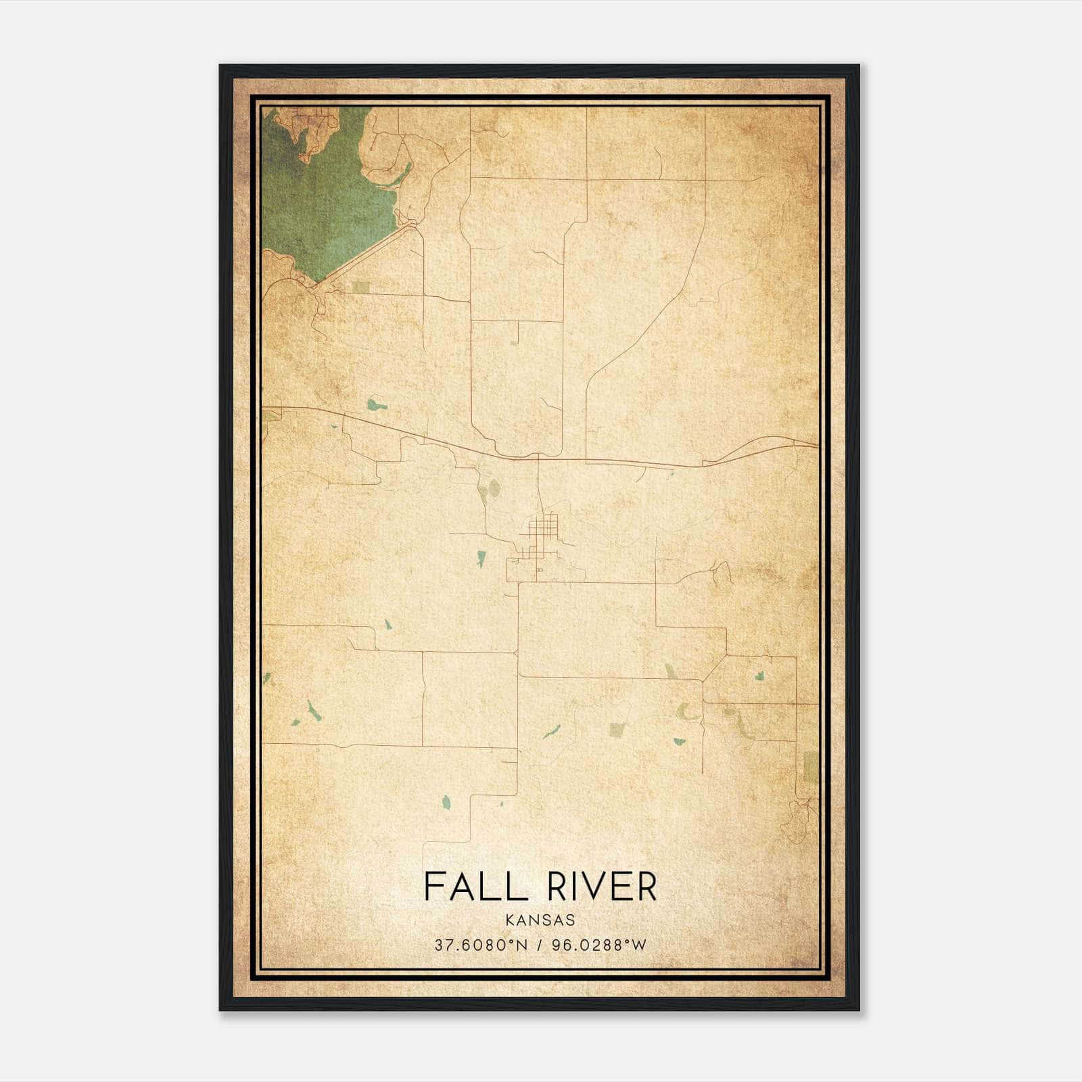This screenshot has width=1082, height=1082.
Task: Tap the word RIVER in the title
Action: click(x=601, y=887)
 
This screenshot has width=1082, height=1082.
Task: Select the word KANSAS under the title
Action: click(x=540, y=920)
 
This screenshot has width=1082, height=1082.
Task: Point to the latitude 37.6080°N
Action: click(x=480, y=945)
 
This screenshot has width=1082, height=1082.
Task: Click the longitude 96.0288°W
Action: click(x=599, y=945)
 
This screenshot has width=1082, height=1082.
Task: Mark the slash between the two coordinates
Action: click(x=540, y=945)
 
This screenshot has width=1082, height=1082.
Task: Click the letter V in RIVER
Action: click(x=595, y=887)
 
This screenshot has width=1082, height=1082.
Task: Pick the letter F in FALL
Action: click(x=433, y=887)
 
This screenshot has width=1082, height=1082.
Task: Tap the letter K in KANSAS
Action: click(x=509, y=920)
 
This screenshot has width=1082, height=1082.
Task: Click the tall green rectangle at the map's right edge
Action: click(x=811, y=767)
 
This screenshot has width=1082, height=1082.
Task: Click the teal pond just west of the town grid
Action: click(x=481, y=559)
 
